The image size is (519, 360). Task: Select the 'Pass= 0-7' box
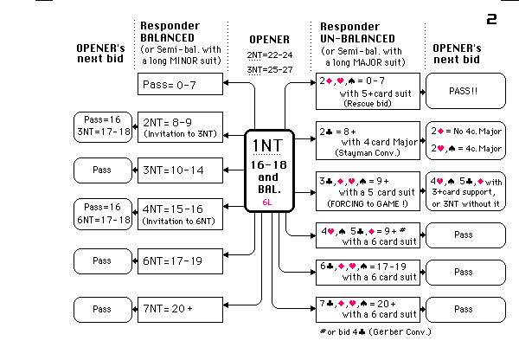click(180, 84)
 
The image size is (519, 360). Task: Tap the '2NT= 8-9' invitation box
click(180, 128)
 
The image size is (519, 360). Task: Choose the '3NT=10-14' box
click(180, 170)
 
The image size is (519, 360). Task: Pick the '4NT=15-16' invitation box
click(180, 214)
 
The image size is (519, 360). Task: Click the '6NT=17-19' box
click(180, 260)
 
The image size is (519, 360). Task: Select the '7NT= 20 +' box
click(180, 307)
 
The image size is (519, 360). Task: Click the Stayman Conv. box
click(368, 140)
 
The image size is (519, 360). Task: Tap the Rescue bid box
click(368, 91)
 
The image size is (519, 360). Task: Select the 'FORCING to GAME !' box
click(368, 190)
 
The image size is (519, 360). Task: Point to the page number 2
click(491, 18)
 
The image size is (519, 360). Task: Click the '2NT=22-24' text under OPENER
click(270, 54)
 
